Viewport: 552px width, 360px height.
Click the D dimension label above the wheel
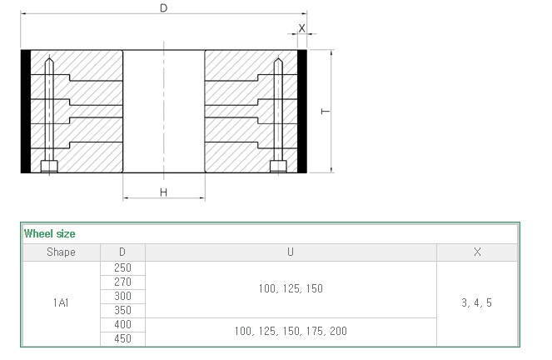click(163, 7)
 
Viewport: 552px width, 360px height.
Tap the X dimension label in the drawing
click(301, 28)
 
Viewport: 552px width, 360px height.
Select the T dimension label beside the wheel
click(326, 112)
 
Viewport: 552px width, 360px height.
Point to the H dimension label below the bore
click(163, 192)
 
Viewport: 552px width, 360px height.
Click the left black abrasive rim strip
click(26, 112)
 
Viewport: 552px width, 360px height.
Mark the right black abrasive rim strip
click(302, 112)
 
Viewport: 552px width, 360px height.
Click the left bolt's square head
click(49, 167)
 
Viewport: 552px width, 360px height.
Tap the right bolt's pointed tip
click(278, 58)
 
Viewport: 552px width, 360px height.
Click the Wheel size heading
click(50, 233)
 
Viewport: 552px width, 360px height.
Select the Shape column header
click(62, 252)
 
